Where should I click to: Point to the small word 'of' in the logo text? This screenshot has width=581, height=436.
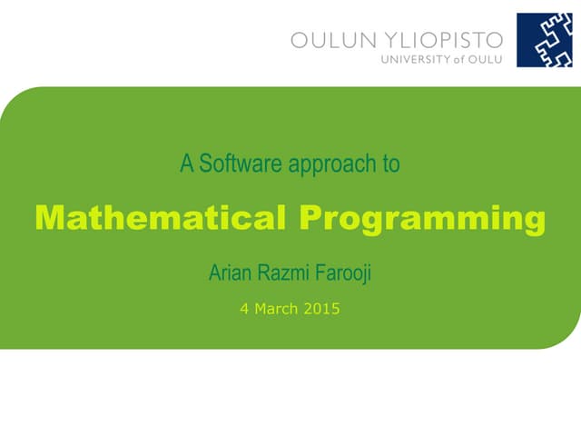[x=458, y=59]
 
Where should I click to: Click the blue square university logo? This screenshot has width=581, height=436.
[x=545, y=40]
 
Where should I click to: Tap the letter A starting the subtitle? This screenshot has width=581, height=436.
[x=187, y=164]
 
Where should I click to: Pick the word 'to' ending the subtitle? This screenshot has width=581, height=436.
[x=391, y=164]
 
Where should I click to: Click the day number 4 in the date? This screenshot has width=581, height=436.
[x=244, y=309]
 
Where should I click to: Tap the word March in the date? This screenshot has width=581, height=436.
[x=276, y=309]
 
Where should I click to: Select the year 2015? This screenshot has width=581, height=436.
[x=321, y=309]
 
